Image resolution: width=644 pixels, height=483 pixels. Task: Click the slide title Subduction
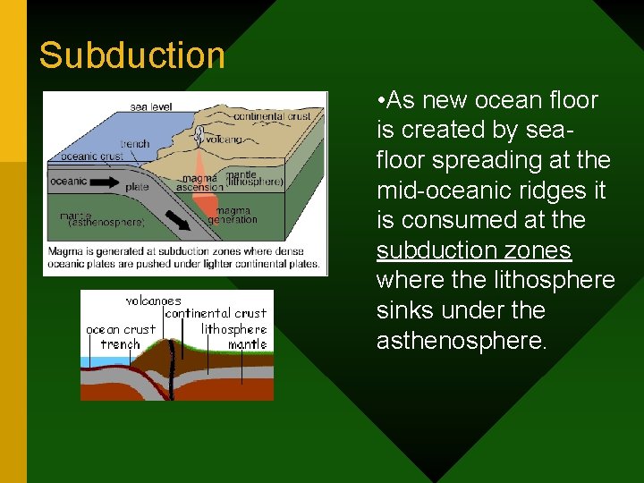132,55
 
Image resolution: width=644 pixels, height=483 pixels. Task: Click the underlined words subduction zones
473,250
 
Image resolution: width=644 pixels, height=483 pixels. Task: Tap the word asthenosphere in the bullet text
460,341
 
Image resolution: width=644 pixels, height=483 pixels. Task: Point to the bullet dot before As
381,100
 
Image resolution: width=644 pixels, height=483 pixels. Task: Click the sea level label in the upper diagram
150,106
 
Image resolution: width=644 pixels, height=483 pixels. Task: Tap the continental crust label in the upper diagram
278,116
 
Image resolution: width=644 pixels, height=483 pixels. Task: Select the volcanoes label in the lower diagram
153,301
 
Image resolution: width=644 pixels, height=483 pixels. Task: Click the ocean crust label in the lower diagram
120,329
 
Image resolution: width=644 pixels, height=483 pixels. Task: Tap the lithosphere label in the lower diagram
233,329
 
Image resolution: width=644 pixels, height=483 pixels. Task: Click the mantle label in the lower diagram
247,343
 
